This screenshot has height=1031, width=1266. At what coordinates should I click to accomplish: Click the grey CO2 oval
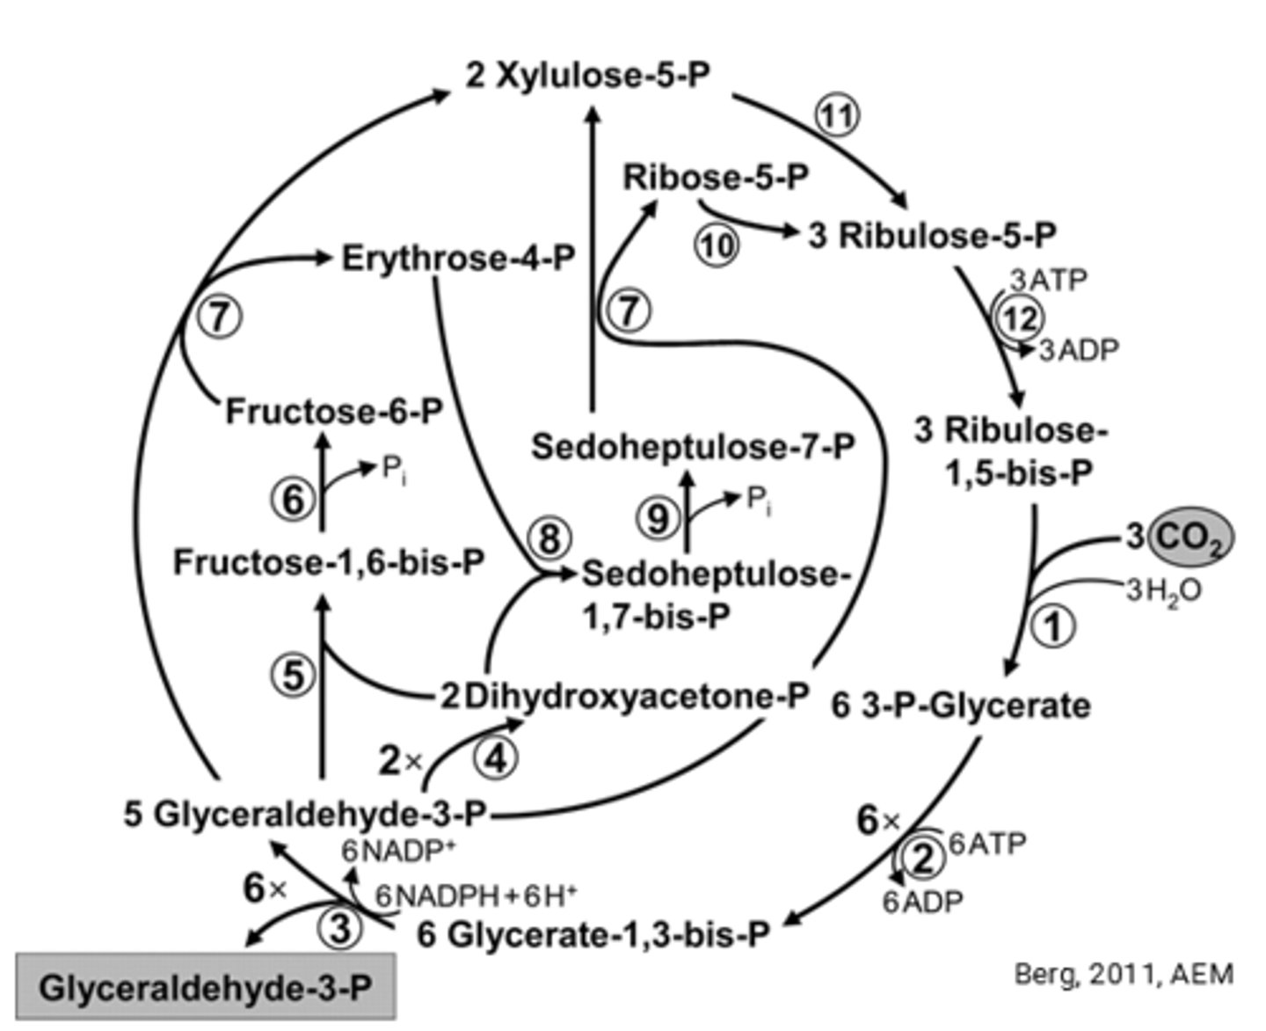point(1190,537)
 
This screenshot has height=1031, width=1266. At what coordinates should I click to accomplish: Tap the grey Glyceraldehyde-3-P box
point(206,987)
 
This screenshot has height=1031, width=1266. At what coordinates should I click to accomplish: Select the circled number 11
point(836,116)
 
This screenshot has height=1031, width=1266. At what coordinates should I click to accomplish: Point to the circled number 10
point(717,246)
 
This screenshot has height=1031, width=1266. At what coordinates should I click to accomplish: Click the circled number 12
point(1020,318)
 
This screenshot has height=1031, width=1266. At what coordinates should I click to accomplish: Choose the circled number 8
point(549,537)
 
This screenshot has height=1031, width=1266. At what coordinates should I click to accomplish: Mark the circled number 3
point(339,927)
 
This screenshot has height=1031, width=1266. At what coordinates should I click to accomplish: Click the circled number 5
point(293,675)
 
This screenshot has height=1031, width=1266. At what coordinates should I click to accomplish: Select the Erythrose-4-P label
point(458,259)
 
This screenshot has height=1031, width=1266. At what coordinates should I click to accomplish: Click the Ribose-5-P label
point(716,178)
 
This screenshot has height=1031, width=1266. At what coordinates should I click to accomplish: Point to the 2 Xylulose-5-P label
point(587,76)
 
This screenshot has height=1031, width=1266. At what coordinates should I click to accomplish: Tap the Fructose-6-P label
point(334,411)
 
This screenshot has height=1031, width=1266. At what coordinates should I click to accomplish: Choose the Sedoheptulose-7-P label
point(693,447)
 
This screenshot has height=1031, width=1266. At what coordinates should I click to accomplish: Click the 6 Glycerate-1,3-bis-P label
point(593,934)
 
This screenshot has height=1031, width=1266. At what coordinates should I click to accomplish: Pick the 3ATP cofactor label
point(1048,281)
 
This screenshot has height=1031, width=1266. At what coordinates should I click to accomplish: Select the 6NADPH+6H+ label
point(476,896)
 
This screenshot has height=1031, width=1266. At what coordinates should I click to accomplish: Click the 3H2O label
point(1163,591)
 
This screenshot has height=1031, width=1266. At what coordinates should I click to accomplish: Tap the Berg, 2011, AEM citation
point(1124,974)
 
